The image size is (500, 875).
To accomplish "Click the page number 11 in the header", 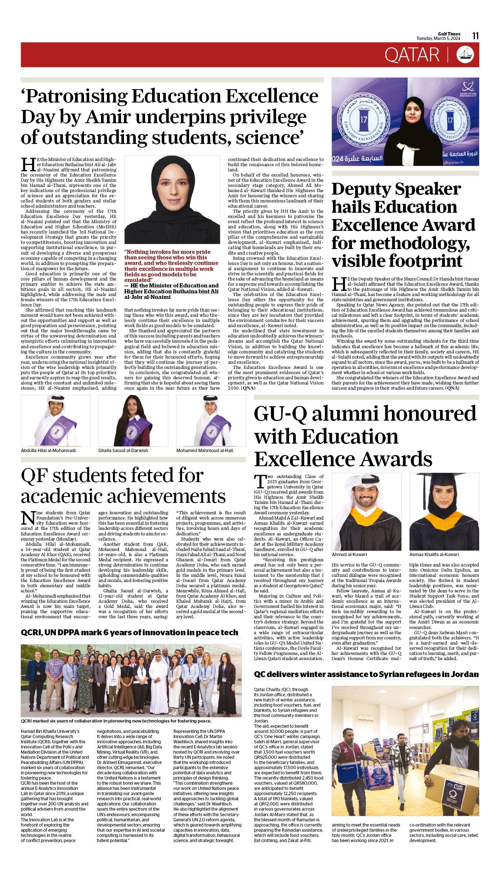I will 475,36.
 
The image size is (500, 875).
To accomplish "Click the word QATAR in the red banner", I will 412,55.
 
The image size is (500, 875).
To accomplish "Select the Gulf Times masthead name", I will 449,34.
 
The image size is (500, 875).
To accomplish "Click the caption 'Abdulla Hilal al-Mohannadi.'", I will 48,450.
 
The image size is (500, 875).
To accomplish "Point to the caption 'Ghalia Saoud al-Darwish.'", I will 123,450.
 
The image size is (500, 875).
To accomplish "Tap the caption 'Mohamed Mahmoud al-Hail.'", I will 205,450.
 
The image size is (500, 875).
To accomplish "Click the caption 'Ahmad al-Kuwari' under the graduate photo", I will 349,554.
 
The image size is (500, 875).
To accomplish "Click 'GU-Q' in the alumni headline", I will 280,414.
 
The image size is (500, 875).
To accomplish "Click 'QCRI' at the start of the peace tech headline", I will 31,632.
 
